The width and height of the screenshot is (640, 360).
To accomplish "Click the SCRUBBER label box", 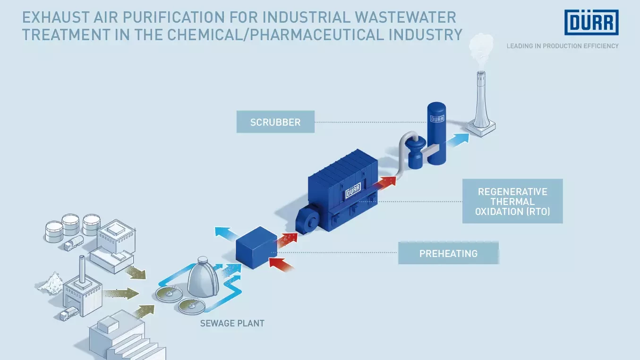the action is (275, 122).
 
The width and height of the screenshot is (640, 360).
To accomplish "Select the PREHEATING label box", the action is (449, 253).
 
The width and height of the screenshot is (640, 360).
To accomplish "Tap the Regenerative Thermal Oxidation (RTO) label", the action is (512, 201).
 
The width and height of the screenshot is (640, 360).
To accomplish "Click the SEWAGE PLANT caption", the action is (232, 324).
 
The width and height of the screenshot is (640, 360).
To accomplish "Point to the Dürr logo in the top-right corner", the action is (591, 22).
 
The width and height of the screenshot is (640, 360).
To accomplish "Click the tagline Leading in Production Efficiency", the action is (563, 46).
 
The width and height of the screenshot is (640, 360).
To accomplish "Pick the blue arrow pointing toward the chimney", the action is (458, 140).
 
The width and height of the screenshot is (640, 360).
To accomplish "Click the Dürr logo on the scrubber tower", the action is (437, 119).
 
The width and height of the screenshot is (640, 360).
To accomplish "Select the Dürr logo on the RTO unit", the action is (353, 190).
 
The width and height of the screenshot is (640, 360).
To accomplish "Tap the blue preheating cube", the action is (256, 248).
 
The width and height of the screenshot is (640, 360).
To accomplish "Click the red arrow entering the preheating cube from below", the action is (282, 265).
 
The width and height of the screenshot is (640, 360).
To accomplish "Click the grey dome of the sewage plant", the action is (203, 277).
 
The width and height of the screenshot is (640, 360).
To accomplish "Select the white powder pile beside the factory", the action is (51, 283).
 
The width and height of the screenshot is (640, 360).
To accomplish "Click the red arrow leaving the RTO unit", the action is (384, 183).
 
